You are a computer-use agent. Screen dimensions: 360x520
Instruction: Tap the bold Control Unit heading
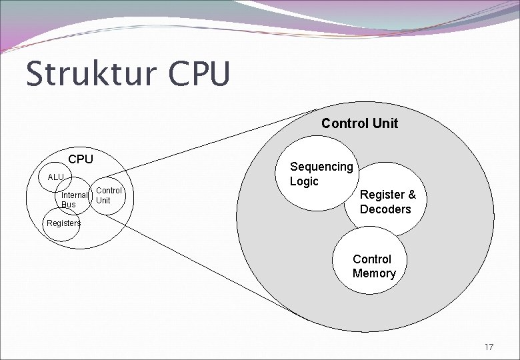359,123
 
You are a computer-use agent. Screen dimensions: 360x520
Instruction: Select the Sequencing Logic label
321,173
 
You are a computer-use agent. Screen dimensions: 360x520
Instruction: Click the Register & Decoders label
387,202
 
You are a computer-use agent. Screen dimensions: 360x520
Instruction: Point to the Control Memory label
373,266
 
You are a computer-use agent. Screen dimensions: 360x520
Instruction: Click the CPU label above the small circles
81,159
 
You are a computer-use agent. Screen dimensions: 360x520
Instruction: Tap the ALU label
55,177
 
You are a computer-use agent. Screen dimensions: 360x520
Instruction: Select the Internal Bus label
73,199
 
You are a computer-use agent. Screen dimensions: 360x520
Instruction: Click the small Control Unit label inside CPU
109,195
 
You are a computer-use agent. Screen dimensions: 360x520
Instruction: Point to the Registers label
63,223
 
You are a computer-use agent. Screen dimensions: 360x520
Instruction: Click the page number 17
489,347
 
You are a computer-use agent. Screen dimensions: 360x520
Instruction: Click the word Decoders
385,209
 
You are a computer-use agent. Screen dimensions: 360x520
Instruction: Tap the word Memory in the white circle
373,273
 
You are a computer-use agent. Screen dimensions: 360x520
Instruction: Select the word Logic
304,181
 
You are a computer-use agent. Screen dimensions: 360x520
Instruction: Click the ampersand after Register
411,195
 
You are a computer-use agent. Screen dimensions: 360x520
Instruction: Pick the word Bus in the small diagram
69,204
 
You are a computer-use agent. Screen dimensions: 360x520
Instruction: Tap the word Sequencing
321,167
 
